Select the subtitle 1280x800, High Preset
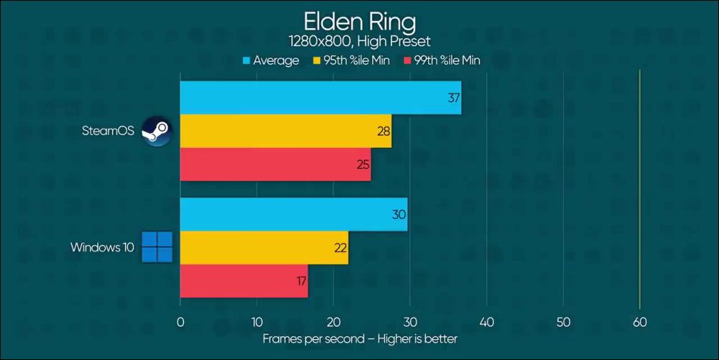[359, 42]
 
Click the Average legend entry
[271, 60]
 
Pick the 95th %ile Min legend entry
[352, 60]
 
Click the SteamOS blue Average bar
[320, 98]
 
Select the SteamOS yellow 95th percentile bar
[285, 131]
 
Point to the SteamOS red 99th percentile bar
[275, 165]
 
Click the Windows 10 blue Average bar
[293, 214]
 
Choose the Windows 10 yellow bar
[264, 247]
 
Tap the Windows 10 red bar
[244, 281]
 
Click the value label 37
[454, 98]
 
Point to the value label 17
[301, 281]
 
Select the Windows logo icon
[157, 247]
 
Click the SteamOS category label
[109, 131]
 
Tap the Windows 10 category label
[102, 247]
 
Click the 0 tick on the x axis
[180, 321]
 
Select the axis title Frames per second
[359, 338]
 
